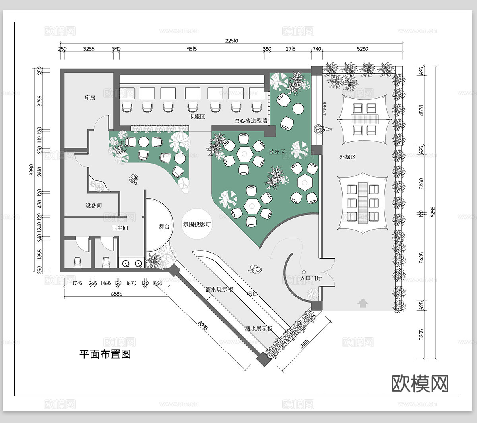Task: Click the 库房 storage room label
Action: (x=90, y=97)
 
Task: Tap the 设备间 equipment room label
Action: (x=94, y=205)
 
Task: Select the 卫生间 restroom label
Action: (x=120, y=228)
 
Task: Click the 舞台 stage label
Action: (x=164, y=226)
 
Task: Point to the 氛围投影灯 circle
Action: (x=197, y=224)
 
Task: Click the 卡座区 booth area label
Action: (x=197, y=116)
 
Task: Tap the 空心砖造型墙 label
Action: (x=250, y=120)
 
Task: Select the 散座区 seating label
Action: (x=277, y=152)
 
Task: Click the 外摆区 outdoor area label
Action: (x=347, y=157)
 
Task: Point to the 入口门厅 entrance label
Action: (x=311, y=278)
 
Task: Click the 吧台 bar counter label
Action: (x=252, y=294)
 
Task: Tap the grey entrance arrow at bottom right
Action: (x=363, y=304)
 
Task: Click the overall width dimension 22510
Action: (x=231, y=41)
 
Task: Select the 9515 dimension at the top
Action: (x=192, y=49)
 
